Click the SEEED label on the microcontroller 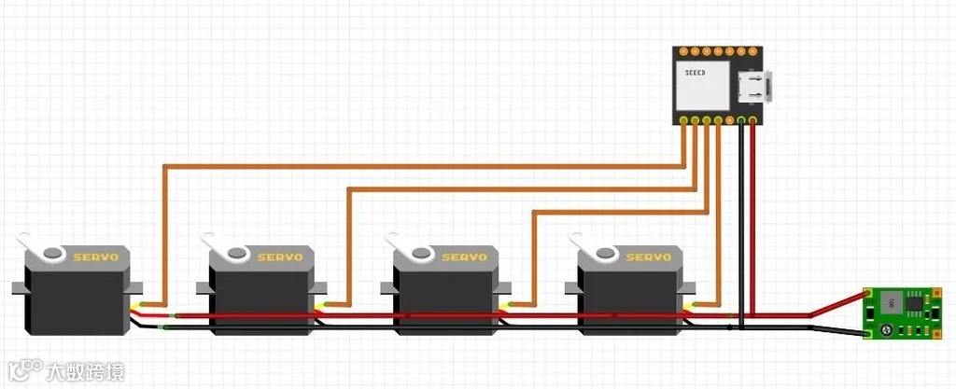696,72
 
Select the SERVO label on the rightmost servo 650,257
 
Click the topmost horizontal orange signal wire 420,166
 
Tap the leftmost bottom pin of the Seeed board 685,121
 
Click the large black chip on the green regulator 890,302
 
